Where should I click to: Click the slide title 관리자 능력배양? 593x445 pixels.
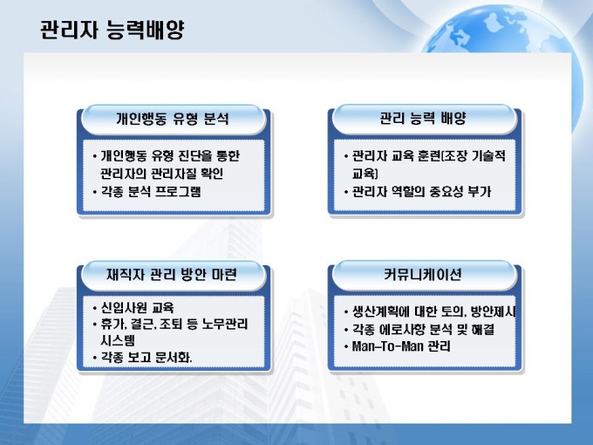[x=112, y=30]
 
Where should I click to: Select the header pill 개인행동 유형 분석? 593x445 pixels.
[x=173, y=120]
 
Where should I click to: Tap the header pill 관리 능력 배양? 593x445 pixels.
[x=424, y=119]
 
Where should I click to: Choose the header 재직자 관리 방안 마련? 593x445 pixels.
[x=172, y=275]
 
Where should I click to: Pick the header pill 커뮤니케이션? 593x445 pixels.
[x=423, y=274]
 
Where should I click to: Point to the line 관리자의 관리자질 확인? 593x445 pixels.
[x=162, y=174]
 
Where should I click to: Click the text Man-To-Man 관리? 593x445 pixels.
[x=401, y=346]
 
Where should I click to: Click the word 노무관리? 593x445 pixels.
[x=225, y=324]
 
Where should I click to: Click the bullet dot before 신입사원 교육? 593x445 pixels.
[x=94, y=308]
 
